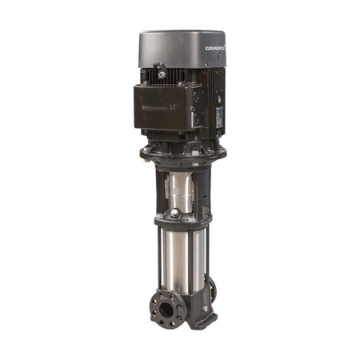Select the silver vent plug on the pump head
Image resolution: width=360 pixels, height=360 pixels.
click(x=175, y=214)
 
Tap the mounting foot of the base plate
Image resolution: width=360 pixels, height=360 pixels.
click(x=202, y=321)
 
